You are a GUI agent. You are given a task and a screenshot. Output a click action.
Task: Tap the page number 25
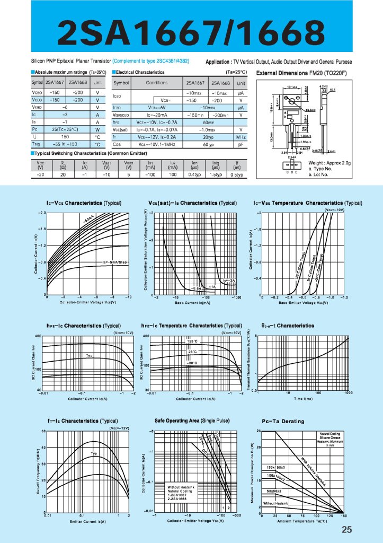347,529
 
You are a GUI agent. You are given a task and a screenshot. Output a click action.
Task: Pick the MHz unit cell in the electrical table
241,137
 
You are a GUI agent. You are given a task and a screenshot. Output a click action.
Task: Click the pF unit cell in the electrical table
241,144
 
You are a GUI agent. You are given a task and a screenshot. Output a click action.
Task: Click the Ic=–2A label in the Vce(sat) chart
229,280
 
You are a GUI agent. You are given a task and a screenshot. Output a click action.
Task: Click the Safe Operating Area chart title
192,421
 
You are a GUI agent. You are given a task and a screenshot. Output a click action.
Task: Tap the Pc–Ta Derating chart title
283,422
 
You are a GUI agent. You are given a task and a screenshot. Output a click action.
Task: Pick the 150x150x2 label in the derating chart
276,467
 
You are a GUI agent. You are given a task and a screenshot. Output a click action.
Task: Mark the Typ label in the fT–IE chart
94,453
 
